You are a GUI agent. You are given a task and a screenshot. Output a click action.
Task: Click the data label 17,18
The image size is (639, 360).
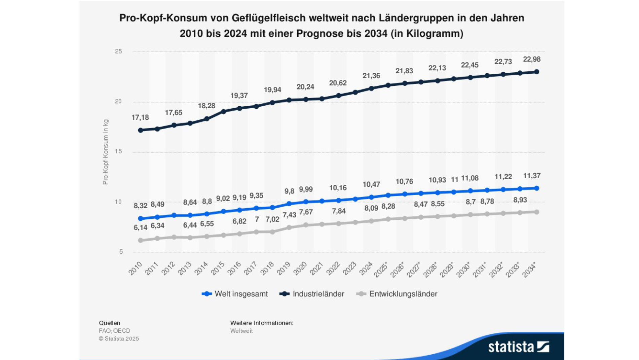tap(140, 117)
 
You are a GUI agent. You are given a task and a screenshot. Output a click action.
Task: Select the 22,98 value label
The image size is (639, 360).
tap(532, 59)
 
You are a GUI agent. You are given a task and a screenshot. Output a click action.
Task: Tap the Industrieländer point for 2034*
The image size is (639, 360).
tap(536, 72)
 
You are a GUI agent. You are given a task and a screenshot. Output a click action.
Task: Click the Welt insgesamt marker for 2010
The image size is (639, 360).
tap(141, 218)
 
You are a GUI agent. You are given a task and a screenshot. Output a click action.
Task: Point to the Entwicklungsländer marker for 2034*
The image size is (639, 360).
tap(536, 212)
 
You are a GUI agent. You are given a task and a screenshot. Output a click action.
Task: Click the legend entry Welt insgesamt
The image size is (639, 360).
tap(235, 294)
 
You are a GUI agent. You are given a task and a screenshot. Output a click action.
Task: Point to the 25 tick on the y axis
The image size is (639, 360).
tap(118, 51)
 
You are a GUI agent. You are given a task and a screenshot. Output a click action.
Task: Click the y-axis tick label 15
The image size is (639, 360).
tap(118, 151)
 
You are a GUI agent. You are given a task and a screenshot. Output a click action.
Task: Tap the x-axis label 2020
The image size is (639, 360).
tap(300, 268)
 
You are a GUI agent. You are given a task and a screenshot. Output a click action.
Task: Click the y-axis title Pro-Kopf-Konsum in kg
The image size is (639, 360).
tap(106, 152)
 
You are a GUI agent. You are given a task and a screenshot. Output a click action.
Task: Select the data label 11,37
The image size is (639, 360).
tap(532, 176)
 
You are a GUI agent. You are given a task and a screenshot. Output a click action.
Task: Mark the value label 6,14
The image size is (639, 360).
tap(140, 227)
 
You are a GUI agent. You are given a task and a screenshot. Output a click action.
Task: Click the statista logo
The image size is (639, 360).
tap(518, 347)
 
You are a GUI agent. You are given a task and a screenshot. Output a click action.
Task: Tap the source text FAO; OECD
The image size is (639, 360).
tap(114, 331)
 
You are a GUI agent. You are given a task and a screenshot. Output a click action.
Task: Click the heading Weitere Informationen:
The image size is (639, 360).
tap(262, 323)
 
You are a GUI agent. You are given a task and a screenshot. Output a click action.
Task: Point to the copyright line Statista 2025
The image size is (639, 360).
tap(119, 338)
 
